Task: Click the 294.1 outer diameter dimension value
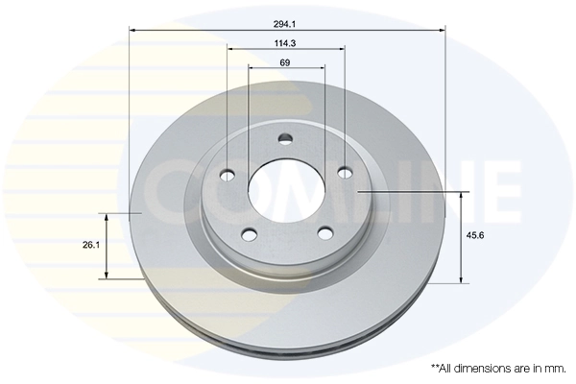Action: [286, 21]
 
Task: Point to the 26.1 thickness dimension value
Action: [91, 246]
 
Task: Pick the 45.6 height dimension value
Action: [473, 234]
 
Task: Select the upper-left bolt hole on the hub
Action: [228, 174]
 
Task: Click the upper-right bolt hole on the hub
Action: [345, 174]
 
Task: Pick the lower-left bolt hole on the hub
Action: [250, 233]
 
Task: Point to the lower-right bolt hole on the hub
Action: [324, 233]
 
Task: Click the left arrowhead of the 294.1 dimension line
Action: [132, 31]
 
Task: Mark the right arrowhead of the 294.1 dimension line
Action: [443, 31]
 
